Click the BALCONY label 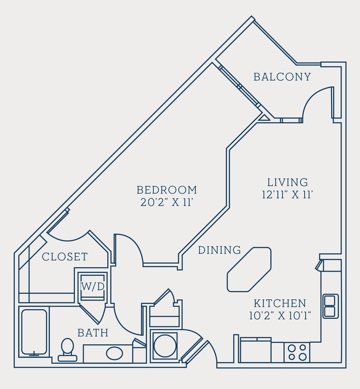[282, 77]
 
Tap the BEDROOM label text [167, 190]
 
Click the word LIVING [288, 182]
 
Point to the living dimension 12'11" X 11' [288, 194]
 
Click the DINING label [219, 250]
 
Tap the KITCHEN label [280, 303]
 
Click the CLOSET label [65, 257]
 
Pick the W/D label [93, 286]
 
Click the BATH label [93, 333]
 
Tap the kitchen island [249, 270]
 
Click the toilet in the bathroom [67, 349]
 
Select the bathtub [34, 332]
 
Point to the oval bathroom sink [114, 354]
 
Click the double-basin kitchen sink [330, 306]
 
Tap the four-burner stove [297, 353]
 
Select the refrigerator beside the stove [255, 351]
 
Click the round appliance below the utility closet [165, 346]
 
